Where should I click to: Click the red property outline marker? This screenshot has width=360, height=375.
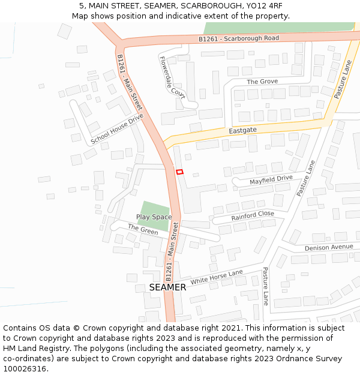[x=179, y=172]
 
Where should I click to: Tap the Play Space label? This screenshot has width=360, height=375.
[x=154, y=217]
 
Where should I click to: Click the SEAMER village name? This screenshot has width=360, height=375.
[x=167, y=287]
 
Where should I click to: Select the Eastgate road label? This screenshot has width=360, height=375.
[x=242, y=130]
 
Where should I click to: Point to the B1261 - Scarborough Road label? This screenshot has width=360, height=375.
[x=239, y=38]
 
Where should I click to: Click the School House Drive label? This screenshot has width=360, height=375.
[x=117, y=129]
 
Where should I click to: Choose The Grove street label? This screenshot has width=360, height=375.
[x=262, y=82]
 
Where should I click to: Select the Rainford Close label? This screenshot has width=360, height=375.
[x=253, y=215]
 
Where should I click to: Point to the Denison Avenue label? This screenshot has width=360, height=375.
[x=329, y=247]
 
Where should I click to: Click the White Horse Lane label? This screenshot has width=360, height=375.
[x=217, y=277]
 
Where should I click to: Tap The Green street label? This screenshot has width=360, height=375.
[x=143, y=229]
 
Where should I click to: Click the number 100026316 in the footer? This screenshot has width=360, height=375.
[x=25, y=369]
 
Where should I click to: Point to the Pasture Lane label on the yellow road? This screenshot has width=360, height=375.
[x=342, y=79]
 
